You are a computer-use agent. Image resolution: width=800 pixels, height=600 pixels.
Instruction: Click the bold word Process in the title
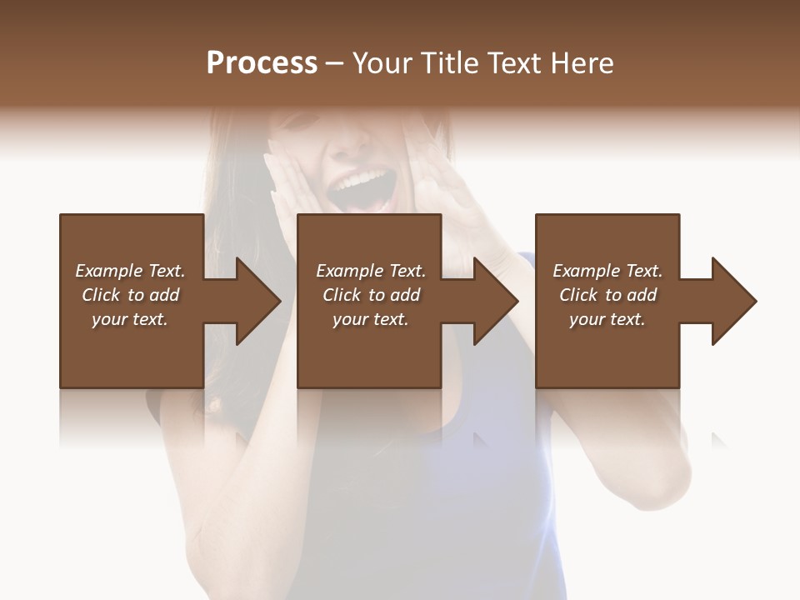click(x=262, y=63)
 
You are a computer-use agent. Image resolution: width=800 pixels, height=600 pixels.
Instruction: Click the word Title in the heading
click(x=448, y=63)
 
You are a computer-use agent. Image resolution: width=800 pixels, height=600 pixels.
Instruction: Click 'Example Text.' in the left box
click(x=130, y=271)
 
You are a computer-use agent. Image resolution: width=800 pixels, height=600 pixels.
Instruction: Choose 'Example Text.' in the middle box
click(x=371, y=271)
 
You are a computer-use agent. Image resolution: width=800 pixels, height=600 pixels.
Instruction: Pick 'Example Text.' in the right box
click(x=607, y=271)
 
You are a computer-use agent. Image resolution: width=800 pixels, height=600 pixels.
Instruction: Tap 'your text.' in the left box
click(x=130, y=319)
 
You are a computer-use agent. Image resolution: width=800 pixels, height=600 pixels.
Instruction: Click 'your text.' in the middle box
click(x=371, y=319)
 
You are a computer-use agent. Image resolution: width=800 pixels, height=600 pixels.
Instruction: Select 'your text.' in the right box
click(x=607, y=319)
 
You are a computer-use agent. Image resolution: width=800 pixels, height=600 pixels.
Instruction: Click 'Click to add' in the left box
click(x=130, y=295)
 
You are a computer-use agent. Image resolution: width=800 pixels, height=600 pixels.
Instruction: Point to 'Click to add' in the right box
click(x=607, y=295)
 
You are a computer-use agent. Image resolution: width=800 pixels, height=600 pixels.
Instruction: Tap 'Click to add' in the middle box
click(x=371, y=295)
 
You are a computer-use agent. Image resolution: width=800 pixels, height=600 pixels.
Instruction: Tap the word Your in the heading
click(x=382, y=63)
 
